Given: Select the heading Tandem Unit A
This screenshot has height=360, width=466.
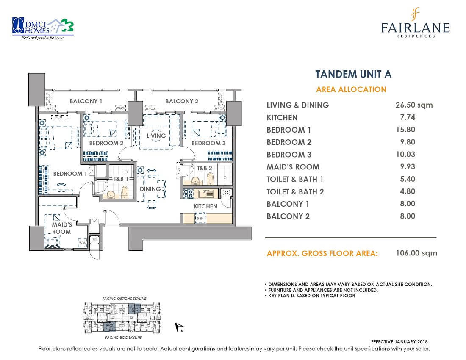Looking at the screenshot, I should tap(353, 74).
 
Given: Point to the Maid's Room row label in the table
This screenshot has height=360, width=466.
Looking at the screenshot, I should tap(293, 167).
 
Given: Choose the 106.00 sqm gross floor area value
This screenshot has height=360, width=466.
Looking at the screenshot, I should tap(417, 253).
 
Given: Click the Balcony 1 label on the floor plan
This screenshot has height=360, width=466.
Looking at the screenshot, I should tap(86, 101).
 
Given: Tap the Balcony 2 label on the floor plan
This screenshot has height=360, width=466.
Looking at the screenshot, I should tap(182, 101).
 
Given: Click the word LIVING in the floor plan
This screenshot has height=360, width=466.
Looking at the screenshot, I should tap(156, 136).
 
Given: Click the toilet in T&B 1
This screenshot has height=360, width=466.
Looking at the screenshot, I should tap(125, 193).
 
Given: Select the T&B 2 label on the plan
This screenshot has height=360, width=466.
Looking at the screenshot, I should tap(204, 168).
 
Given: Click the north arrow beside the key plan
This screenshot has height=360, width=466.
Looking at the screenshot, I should tap(178, 327).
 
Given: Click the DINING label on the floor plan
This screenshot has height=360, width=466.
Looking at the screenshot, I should tap(150, 189).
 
